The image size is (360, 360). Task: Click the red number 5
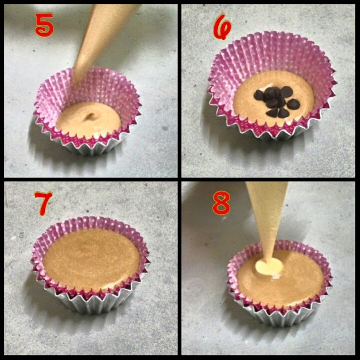44,25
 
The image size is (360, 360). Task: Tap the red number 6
222,26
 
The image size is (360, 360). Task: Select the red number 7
43,204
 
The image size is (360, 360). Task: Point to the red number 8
221,203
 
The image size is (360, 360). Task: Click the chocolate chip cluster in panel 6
277,101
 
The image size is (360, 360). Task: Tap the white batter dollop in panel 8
269,266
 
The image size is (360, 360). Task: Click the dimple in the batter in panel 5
91,116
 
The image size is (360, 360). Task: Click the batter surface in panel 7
91,259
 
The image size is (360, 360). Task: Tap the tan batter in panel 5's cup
89,120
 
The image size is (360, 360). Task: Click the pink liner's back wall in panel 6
272,53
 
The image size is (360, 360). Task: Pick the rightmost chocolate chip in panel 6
293,103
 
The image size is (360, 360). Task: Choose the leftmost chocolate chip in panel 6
259,95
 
